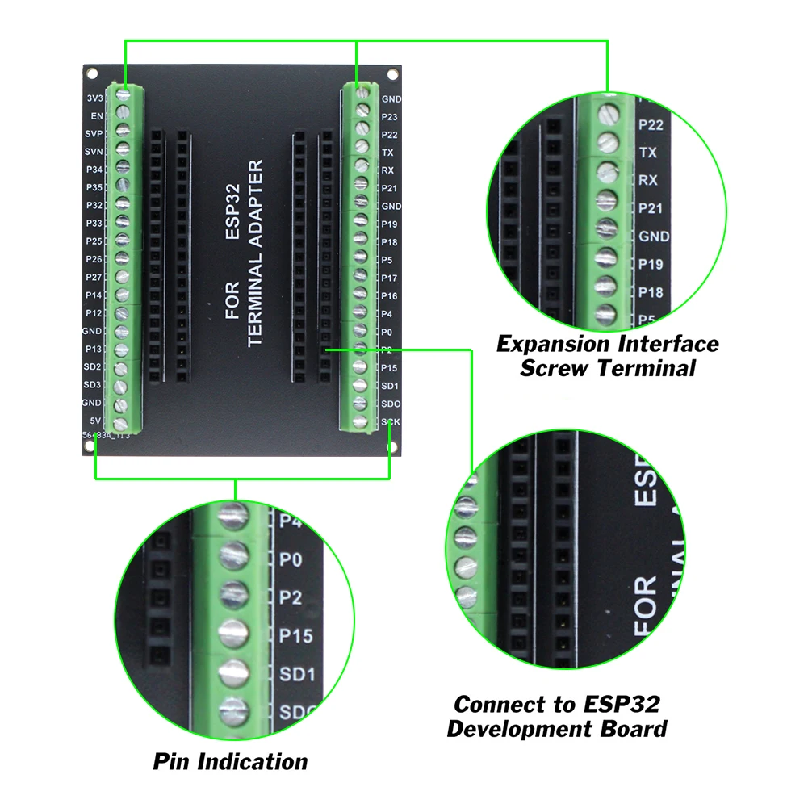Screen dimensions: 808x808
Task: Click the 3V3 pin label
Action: pyautogui.click(x=94, y=98)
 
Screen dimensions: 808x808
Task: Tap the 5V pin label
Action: pyautogui.click(x=95, y=421)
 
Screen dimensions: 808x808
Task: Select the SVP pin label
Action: pyautogui.click(x=93, y=134)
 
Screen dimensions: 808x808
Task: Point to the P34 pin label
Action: pyautogui.click(x=94, y=170)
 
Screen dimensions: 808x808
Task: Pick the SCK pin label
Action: pyautogui.click(x=391, y=421)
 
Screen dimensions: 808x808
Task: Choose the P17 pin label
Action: pyautogui.click(x=389, y=278)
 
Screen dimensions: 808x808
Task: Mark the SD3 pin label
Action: pyautogui.click(x=93, y=384)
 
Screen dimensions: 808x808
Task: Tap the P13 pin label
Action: pyautogui.click(x=94, y=349)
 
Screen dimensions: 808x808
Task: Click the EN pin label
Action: pyautogui.click(x=96, y=116)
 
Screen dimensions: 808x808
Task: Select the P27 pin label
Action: pyautogui.click(x=94, y=277)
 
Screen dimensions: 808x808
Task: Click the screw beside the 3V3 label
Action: pyautogui.click(x=124, y=94)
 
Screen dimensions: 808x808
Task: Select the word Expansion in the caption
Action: pyautogui.click(x=555, y=344)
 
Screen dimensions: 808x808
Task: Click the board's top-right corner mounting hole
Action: pyautogui.click(x=392, y=75)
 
